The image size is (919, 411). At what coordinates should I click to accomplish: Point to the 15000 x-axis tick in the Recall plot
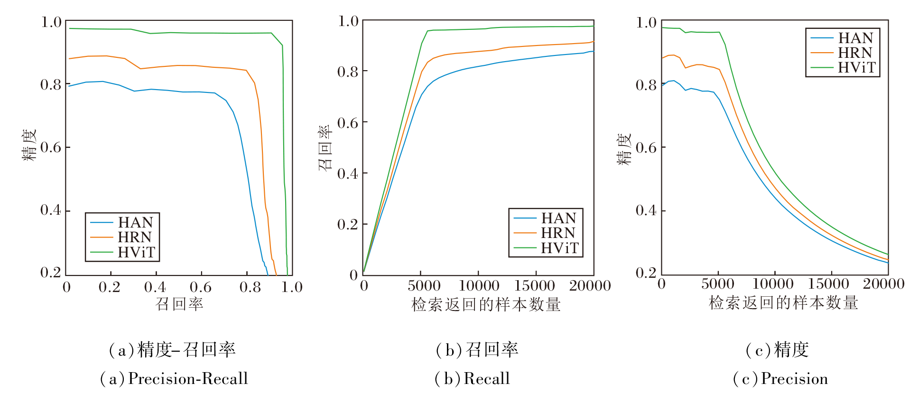(x=535, y=285)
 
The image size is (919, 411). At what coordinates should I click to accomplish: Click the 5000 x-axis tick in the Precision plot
(x=718, y=284)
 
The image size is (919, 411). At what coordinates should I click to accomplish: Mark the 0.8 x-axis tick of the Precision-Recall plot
(x=250, y=287)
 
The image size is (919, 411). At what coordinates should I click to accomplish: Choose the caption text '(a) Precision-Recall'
(x=174, y=378)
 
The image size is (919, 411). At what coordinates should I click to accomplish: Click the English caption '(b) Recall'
(x=472, y=378)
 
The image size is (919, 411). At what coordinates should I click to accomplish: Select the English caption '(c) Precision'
(x=780, y=378)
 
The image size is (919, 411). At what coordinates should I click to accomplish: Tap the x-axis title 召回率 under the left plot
(x=179, y=304)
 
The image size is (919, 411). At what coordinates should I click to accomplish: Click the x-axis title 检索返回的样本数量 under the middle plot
(x=486, y=304)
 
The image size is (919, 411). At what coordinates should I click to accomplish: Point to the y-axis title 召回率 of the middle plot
(x=325, y=147)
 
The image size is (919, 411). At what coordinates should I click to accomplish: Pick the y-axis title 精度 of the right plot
(x=624, y=148)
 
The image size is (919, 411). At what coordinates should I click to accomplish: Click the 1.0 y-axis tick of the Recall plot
(x=348, y=21)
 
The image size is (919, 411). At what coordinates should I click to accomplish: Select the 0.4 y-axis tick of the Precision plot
(x=646, y=210)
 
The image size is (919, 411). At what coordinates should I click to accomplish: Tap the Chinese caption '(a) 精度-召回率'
(x=172, y=350)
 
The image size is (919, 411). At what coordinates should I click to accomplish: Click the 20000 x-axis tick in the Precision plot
(x=883, y=284)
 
